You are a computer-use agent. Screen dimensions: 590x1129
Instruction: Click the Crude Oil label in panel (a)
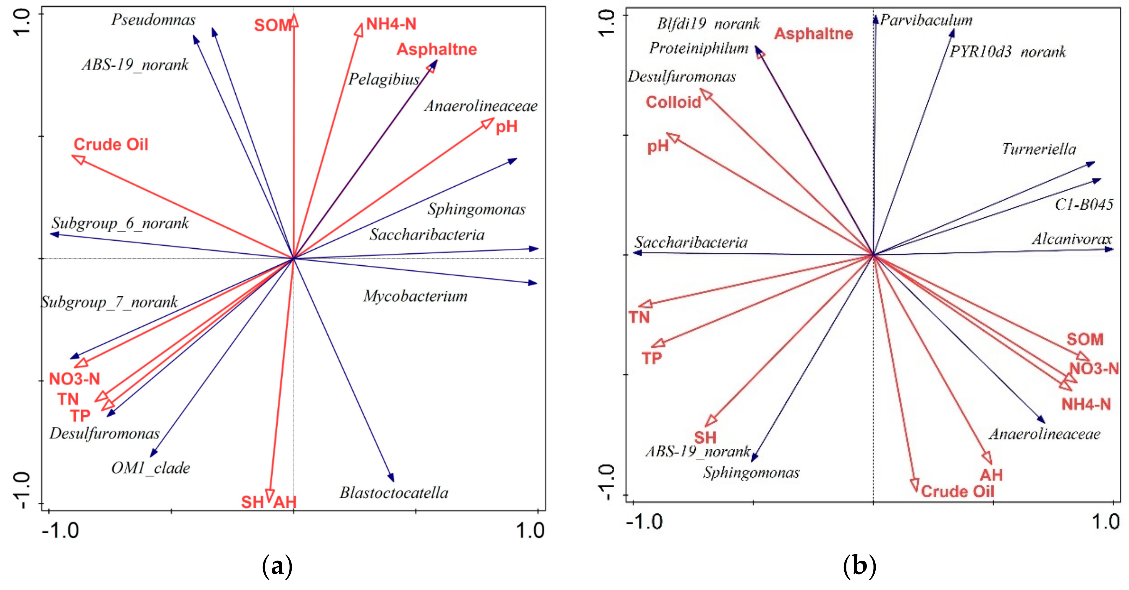click(111, 144)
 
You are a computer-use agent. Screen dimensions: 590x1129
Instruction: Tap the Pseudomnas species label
click(153, 20)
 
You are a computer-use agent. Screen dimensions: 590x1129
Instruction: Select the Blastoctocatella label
click(394, 493)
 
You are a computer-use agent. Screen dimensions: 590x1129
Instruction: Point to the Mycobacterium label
click(415, 296)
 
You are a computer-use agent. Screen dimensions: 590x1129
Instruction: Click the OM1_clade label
click(150, 468)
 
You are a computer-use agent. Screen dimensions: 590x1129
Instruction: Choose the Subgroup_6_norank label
click(120, 223)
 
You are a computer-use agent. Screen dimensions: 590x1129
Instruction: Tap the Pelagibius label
click(384, 79)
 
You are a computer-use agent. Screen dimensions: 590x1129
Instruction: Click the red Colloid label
click(673, 102)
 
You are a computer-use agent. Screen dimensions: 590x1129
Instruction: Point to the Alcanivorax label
click(1071, 239)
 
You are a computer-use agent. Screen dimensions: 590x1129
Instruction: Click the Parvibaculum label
click(926, 20)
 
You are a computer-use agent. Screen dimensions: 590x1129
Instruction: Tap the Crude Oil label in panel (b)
click(957, 491)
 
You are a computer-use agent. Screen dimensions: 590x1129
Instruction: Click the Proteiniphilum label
click(699, 48)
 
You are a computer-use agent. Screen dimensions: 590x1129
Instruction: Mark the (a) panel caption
click(277, 566)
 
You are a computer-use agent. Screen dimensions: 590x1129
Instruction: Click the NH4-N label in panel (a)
click(391, 24)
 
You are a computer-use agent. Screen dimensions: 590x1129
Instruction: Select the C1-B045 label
click(1083, 204)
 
